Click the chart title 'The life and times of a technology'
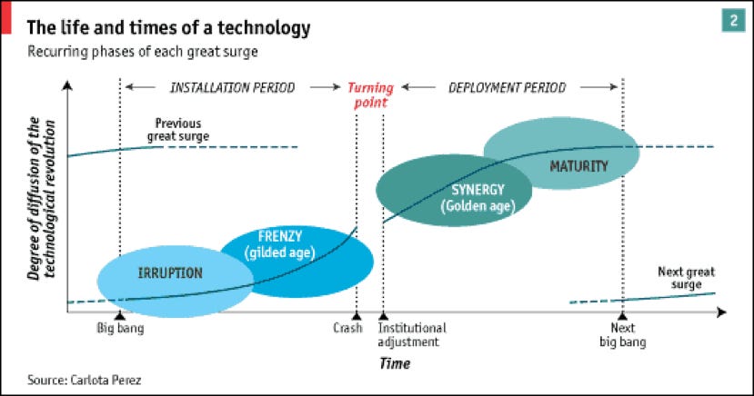click(x=169, y=28)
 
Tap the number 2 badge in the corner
click(x=733, y=21)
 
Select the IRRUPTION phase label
click(x=170, y=273)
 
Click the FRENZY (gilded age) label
click(x=280, y=244)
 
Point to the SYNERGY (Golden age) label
click(x=478, y=198)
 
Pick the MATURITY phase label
click(x=579, y=166)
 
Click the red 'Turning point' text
click(x=371, y=95)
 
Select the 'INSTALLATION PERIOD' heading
click(x=232, y=87)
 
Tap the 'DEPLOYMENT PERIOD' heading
click(x=508, y=87)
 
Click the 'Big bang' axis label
click(x=120, y=328)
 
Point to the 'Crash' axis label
click(x=347, y=328)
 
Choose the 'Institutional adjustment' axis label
click(x=412, y=335)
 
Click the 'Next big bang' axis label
click(x=623, y=335)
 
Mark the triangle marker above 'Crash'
click(x=357, y=316)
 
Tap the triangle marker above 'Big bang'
click(x=120, y=316)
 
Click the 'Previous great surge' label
click(x=178, y=130)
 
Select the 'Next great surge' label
click(x=686, y=278)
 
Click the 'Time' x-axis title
click(x=395, y=363)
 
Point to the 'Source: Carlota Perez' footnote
click(x=85, y=381)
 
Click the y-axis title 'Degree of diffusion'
click(x=41, y=198)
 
